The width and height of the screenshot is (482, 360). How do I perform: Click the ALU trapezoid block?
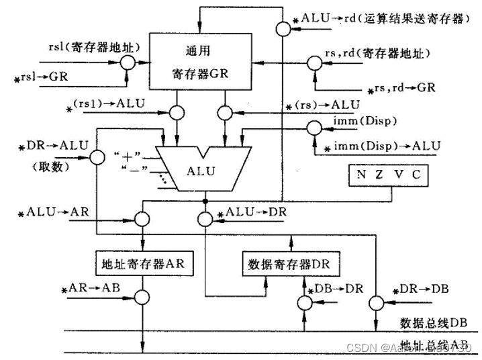click(x=201, y=172)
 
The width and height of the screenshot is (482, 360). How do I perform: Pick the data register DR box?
click(x=290, y=263)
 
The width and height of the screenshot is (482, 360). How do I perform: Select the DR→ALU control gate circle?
click(x=97, y=156)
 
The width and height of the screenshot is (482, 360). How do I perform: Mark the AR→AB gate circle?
click(x=143, y=298)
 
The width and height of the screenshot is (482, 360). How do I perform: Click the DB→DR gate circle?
click(x=304, y=304)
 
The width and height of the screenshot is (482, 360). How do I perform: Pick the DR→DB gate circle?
click(x=374, y=304)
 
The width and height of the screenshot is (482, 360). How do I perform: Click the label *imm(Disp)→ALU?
click(x=383, y=146)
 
